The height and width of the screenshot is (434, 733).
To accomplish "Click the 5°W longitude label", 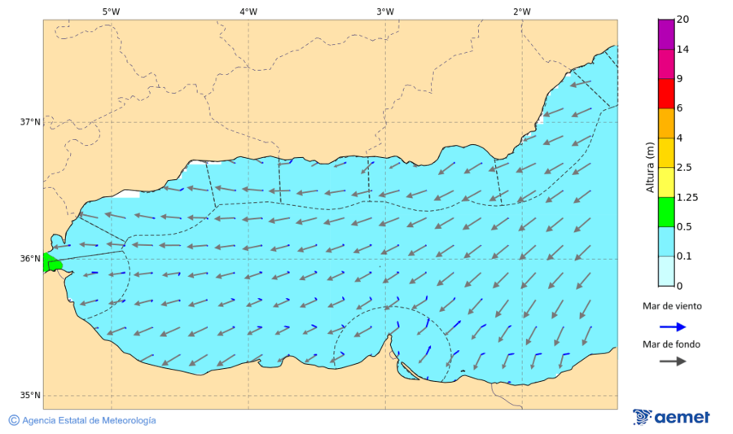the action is coord(111,11).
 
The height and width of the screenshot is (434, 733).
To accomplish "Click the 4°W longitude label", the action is coord(248,11).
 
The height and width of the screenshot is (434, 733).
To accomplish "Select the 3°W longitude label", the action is coord(385,11).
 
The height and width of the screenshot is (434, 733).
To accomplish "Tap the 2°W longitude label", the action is coord(522,11).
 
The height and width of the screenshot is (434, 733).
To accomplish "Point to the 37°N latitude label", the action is coord(30,122).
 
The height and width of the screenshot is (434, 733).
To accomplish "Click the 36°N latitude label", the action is coord(30,259).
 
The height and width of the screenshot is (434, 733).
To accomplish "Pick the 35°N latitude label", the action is coord(30,396).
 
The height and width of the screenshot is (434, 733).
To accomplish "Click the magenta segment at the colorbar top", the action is coord(666,34).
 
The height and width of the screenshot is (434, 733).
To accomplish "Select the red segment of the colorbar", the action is coord(666,94).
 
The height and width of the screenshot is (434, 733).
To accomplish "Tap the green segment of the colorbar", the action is coord(666,212).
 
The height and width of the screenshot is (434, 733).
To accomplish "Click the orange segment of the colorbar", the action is coord(666,123).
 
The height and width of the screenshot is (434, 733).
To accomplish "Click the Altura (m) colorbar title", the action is coord(650,167).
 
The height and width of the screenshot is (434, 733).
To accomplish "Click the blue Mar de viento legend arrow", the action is coord(672,327).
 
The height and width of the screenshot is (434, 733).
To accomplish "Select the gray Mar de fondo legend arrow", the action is coord(672,362).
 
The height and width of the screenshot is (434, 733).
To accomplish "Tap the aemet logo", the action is coord(671,417).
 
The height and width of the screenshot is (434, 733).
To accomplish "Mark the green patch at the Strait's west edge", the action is coord(51,263).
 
